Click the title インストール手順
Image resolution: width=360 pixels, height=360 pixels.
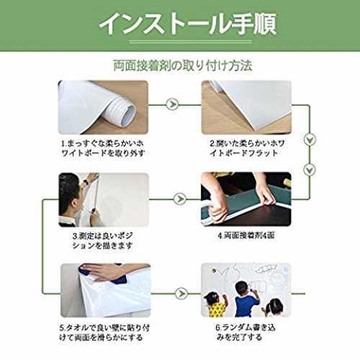click(x=188, y=24)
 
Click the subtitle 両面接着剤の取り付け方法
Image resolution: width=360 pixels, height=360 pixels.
click(x=182, y=66)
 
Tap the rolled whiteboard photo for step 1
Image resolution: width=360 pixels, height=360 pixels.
click(x=103, y=107)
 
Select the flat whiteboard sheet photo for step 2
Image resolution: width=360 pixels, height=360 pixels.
click(x=246, y=107)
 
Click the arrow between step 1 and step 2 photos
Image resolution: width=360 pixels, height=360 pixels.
click(x=172, y=104)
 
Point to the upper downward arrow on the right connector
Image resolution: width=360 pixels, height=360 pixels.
click(x=310, y=140)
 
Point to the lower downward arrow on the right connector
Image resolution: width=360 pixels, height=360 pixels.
click(x=310, y=170)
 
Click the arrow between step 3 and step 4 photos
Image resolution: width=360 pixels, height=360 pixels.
click(x=180, y=199)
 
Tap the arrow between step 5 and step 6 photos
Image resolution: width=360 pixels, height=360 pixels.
click(x=181, y=293)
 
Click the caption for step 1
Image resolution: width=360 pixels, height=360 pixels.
click(x=103, y=148)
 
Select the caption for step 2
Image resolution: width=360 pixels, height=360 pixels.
click(x=247, y=148)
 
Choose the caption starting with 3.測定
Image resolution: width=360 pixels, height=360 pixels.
click(x=102, y=240)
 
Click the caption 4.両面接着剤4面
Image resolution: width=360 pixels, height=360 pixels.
click(x=246, y=235)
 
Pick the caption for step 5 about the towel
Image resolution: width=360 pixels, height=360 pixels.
click(x=104, y=333)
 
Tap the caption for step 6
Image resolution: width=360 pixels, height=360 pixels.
click(x=246, y=333)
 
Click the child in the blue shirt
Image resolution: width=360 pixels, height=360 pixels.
click(x=246, y=299)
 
